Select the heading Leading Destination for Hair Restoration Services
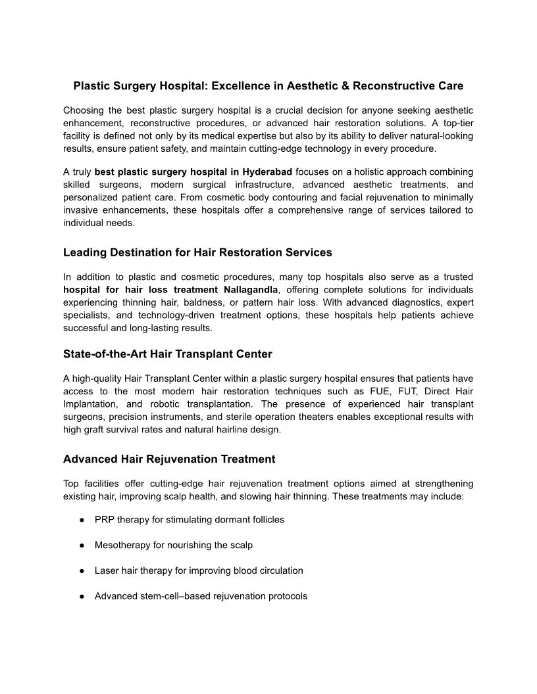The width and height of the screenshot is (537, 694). [197, 252]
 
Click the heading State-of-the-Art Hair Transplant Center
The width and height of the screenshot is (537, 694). [167, 354]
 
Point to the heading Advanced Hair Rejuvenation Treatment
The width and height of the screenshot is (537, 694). [169, 459]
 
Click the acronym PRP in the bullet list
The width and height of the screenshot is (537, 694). [104, 520]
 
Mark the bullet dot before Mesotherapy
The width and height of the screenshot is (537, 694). [82, 545]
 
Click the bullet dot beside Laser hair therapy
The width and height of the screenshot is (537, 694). [82, 571]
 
